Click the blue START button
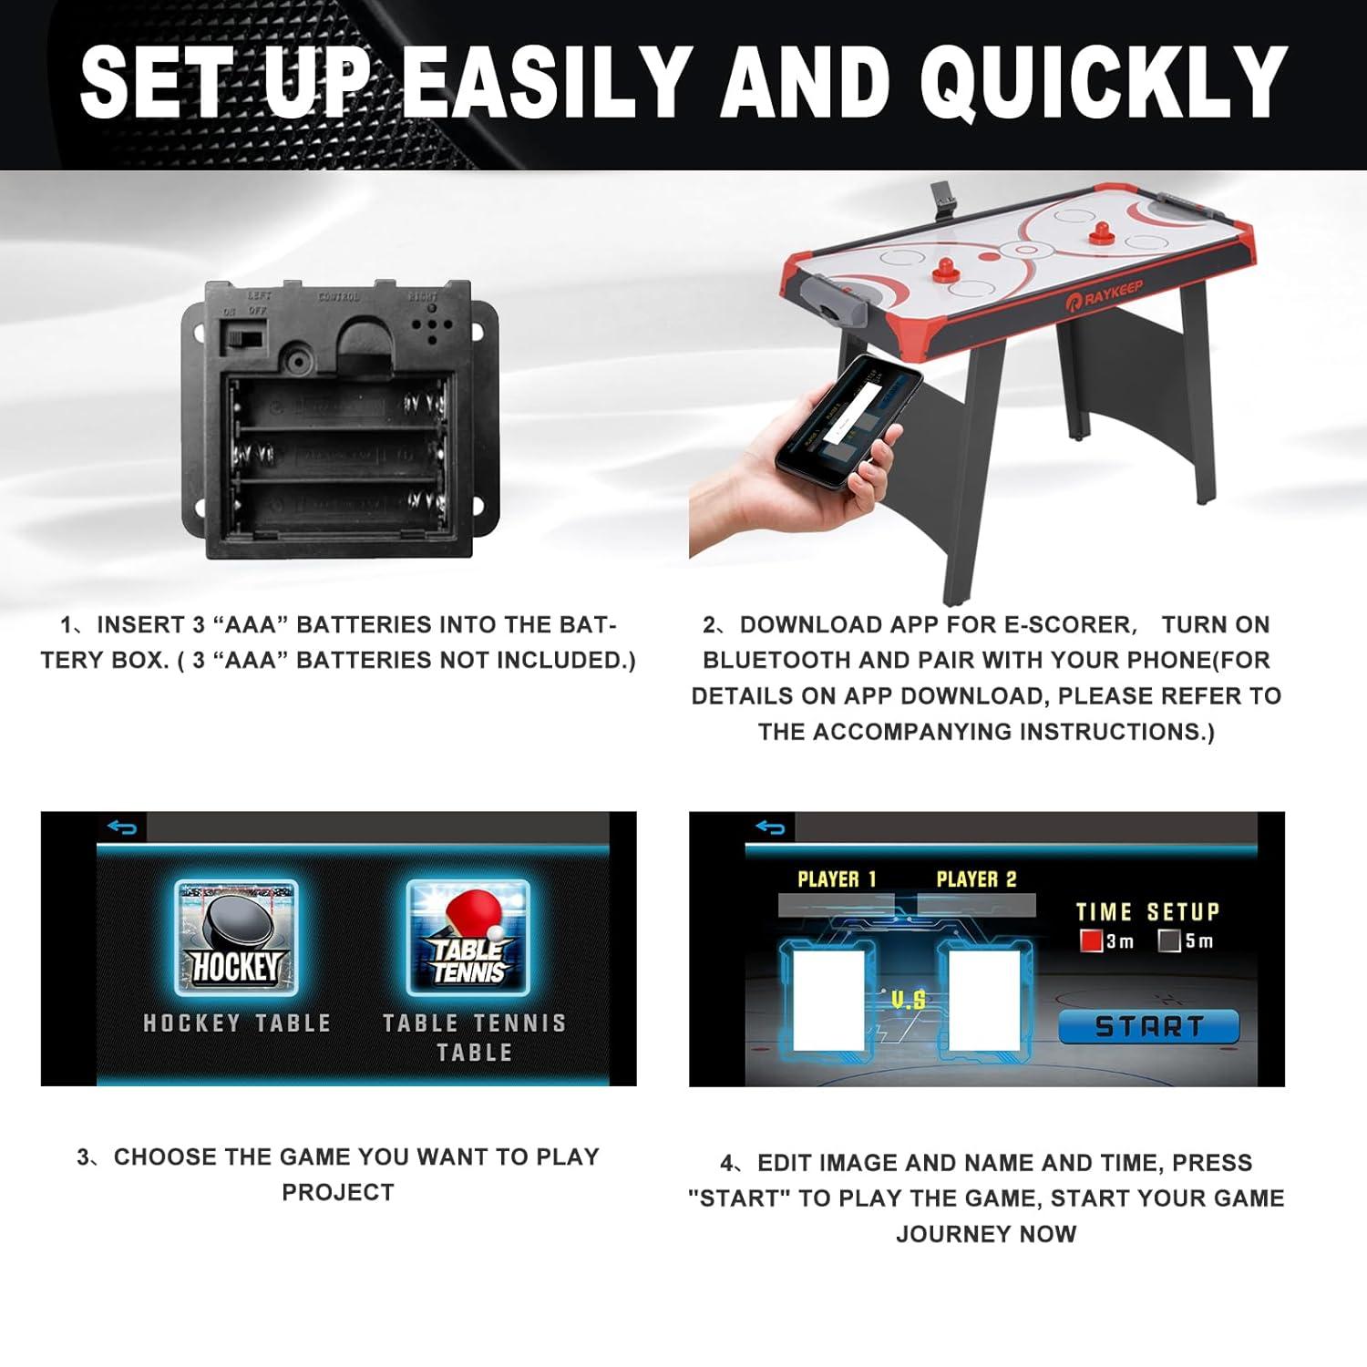click(1148, 1026)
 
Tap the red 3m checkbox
click(1091, 940)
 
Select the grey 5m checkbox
click(1169, 940)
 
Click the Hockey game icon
click(236, 938)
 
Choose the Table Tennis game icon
click(468, 938)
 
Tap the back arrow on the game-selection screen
click(122, 827)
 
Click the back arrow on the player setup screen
click(770, 827)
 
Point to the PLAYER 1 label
click(837, 879)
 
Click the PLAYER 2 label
click(976, 879)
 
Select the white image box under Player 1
click(828, 1000)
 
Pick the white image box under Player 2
click(984, 1000)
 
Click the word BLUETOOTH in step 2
click(777, 660)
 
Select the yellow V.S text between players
click(908, 1000)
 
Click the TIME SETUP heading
click(1147, 912)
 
